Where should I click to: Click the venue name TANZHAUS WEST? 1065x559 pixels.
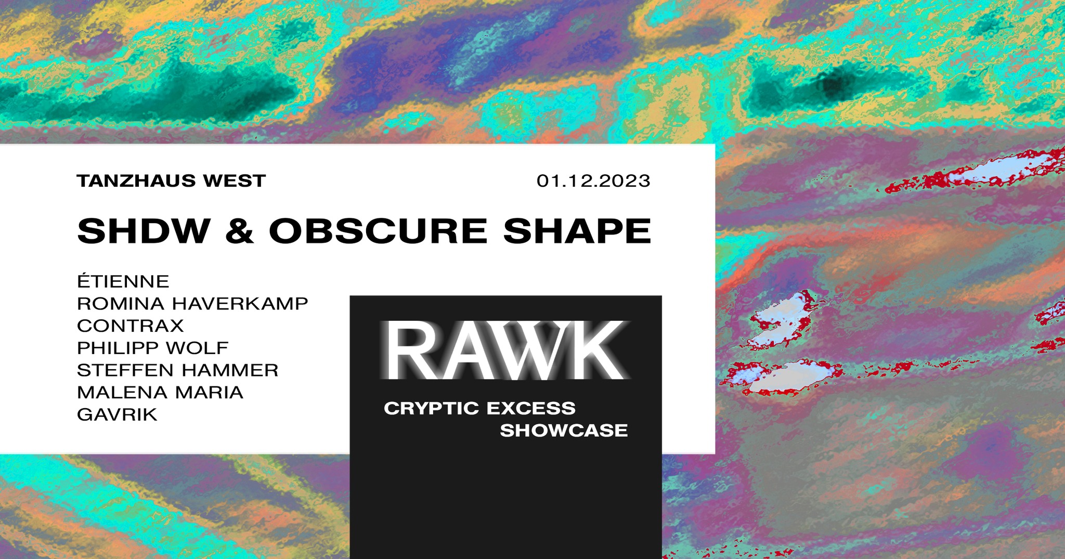click(171, 181)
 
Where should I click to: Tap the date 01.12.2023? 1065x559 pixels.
click(593, 181)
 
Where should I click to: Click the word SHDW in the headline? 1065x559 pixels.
click(144, 231)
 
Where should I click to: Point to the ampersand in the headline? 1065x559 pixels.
click(240, 231)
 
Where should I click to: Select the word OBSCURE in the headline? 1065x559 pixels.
click(378, 231)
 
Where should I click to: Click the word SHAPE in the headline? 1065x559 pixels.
click(577, 231)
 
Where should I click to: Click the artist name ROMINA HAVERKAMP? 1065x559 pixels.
click(192, 304)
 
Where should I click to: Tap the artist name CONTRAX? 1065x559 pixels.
click(131, 326)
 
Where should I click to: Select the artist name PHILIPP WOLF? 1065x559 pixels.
click(153, 348)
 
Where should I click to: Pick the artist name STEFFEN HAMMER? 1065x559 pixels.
click(178, 370)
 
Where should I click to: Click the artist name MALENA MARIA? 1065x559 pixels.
click(160, 393)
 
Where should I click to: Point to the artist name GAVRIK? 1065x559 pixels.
click(117, 415)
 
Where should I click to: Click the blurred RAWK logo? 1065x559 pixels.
click(504, 351)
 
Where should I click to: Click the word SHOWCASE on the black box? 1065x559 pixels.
click(564, 431)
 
